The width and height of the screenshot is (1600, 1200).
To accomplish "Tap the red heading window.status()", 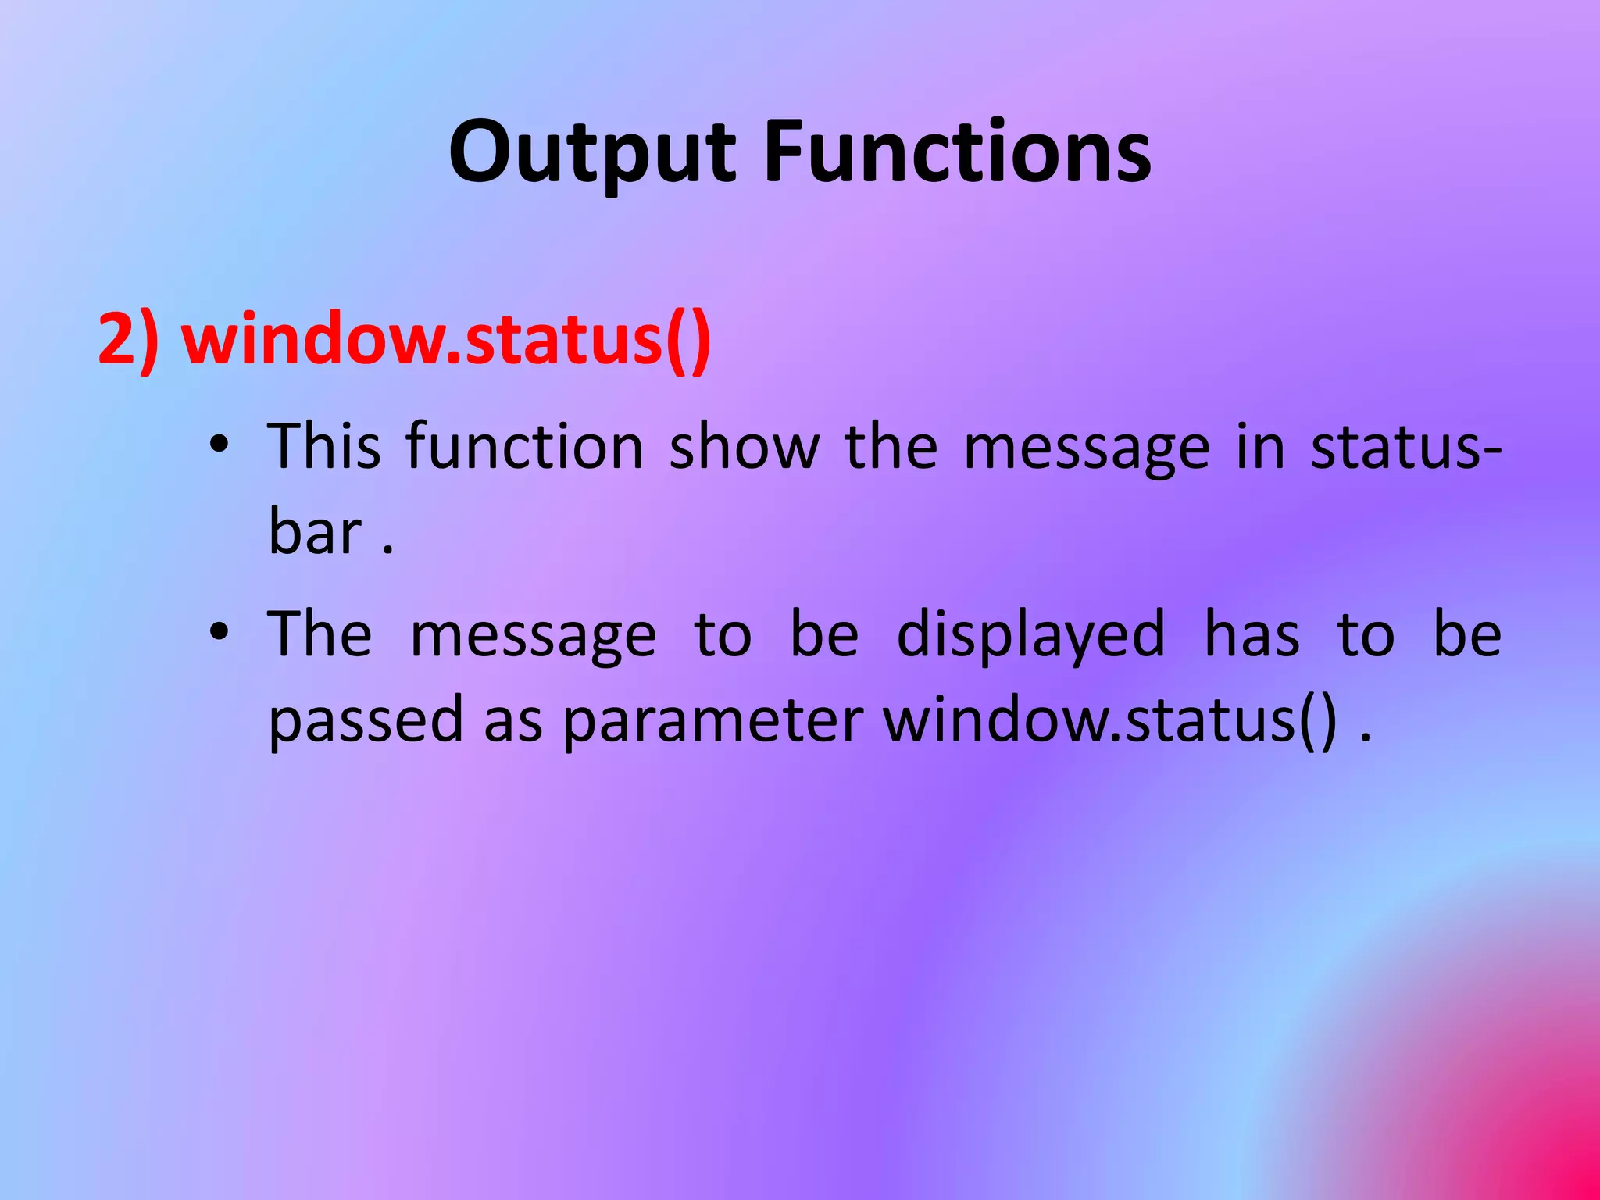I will [446, 340].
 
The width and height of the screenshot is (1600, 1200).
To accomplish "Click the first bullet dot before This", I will [220, 445].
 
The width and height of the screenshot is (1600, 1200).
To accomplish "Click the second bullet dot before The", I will [220, 631].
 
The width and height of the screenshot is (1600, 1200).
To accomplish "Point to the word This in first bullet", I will [324, 447].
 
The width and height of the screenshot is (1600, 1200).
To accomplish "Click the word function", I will [524, 447].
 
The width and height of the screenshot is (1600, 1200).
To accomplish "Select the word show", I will [745, 447].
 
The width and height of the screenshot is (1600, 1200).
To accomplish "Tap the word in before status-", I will [1260, 447].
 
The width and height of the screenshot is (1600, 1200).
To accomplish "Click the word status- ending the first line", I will [1405, 447].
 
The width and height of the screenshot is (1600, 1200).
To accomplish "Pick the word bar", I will [316, 533].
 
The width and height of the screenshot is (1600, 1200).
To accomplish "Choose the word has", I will [1252, 634].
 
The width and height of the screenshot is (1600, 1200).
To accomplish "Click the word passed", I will [366, 720].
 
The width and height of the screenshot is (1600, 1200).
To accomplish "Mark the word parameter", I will [712, 720].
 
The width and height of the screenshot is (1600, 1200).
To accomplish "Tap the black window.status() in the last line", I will [1110, 720].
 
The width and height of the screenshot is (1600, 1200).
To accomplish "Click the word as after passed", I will [512, 720].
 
